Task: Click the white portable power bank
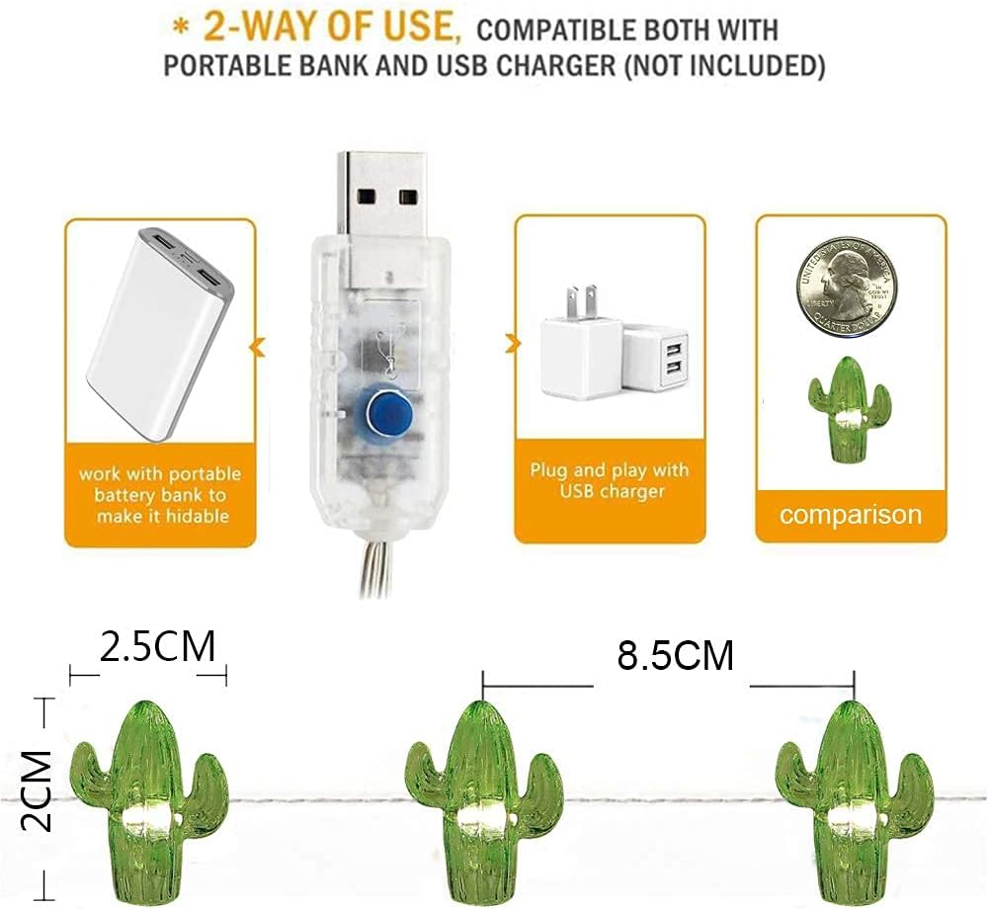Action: pyautogui.click(x=160, y=335)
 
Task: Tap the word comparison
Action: pyautogui.click(x=851, y=515)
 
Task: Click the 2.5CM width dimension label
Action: pyautogui.click(x=157, y=645)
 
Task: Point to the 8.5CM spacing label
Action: pyautogui.click(x=676, y=655)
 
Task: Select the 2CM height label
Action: pyautogui.click(x=36, y=790)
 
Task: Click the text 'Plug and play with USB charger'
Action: pyautogui.click(x=609, y=480)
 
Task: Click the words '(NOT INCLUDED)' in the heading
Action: pyautogui.click(x=724, y=65)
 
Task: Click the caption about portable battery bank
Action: pyautogui.click(x=160, y=495)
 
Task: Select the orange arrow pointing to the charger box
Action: pyautogui.click(x=512, y=343)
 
